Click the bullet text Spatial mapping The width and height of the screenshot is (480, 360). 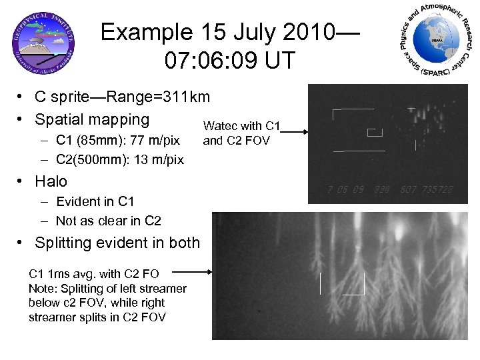(92, 119)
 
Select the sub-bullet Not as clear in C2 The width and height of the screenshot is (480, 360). (109, 221)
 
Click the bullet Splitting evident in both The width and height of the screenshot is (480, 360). (117, 243)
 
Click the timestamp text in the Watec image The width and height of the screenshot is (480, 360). (389, 189)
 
